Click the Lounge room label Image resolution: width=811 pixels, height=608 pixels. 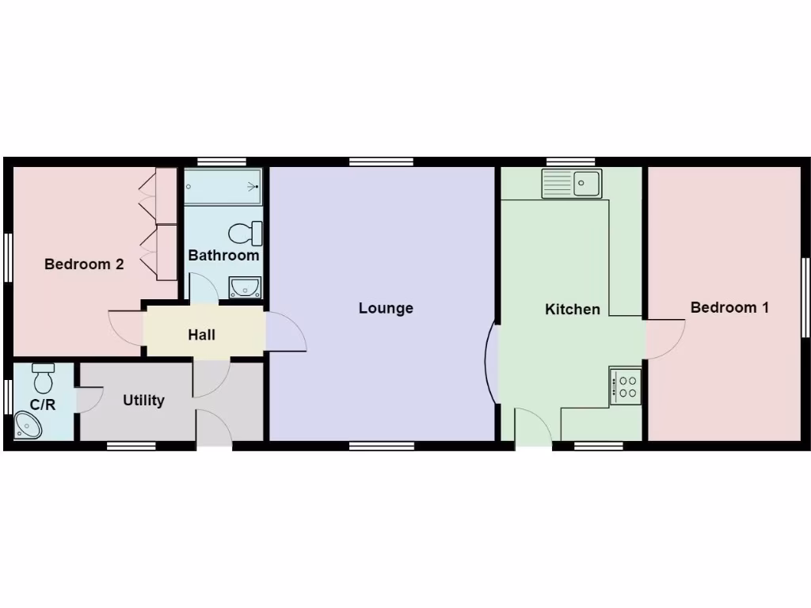tap(386, 308)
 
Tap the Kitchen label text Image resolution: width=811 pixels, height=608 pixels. tap(572, 309)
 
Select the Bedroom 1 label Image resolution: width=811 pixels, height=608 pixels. tap(729, 307)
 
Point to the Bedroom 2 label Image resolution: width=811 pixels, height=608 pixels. tap(84, 264)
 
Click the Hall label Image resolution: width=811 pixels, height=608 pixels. tap(201, 335)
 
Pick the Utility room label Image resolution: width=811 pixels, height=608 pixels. tap(143, 401)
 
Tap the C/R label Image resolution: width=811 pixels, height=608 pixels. tap(43, 405)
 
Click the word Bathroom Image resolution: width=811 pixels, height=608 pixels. tap(223, 256)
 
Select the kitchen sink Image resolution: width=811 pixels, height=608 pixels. tap(572, 184)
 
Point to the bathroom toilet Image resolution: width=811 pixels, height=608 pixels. tap(245, 233)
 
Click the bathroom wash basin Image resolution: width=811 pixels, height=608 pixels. tap(246, 287)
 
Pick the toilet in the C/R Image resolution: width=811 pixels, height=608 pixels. tap(44, 378)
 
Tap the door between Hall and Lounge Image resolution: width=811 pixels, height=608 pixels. tap(286, 332)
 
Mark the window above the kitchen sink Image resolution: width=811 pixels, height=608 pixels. tap(570, 161)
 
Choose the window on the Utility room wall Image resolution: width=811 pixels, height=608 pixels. tap(131, 446)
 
